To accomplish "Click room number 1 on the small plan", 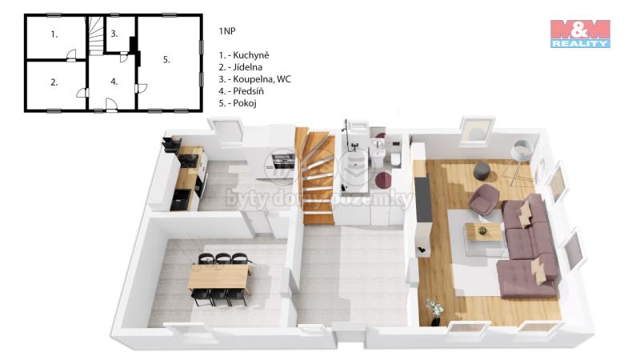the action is click(x=54, y=34).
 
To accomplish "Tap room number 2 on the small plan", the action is click(x=54, y=82).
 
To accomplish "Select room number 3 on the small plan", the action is click(x=114, y=34).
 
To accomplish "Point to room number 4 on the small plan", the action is click(x=114, y=82).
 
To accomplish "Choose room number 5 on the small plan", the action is click(x=166, y=59).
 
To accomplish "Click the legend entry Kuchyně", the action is click(x=244, y=55).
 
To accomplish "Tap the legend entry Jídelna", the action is click(x=241, y=67).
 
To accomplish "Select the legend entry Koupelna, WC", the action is click(x=254, y=79).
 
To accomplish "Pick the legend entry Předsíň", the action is click(x=242, y=91).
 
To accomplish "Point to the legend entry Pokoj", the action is click(x=238, y=103).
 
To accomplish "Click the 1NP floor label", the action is click(x=227, y=31).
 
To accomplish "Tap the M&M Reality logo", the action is click(x=580, y=34).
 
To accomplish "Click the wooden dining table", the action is click(x=218, y=276).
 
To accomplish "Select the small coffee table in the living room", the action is click(x=483, y=234).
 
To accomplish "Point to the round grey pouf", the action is click(x=482, y=170).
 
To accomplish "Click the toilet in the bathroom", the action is click(x=395, y=158).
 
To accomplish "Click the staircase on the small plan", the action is click(x=96, y=35).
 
